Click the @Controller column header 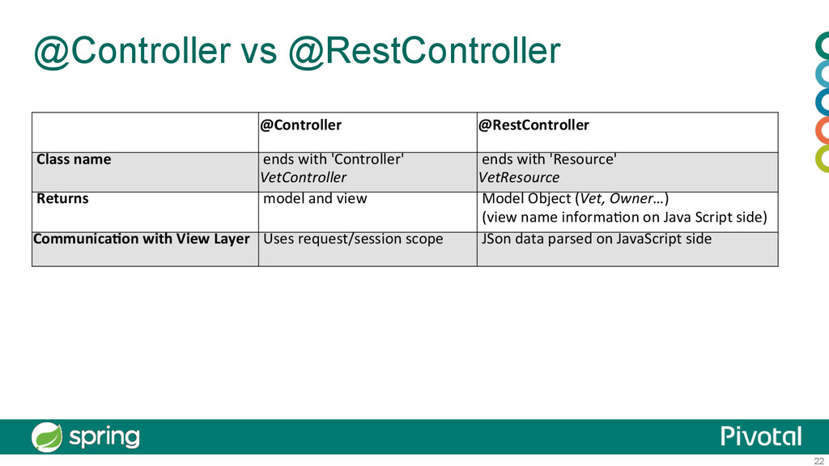tap(300, 125)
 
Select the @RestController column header tap(534, 125)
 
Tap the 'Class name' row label tap(74, 159)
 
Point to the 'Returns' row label tap(62, 198)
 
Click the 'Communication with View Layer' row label tap(142, 239)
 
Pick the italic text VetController tap(304, 177)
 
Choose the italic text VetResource tap(519, 177)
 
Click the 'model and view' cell tap(315, 198)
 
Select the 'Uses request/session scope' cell tap(353, 239)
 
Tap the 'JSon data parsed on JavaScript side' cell tap(597, 239)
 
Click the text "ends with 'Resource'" tap(549, 159)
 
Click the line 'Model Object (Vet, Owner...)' tap(576, 198)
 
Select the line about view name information tap(624, 218)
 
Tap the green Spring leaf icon tap(46, 437)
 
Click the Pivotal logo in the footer tap(761, 436)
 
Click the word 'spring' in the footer tap(104, 438)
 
